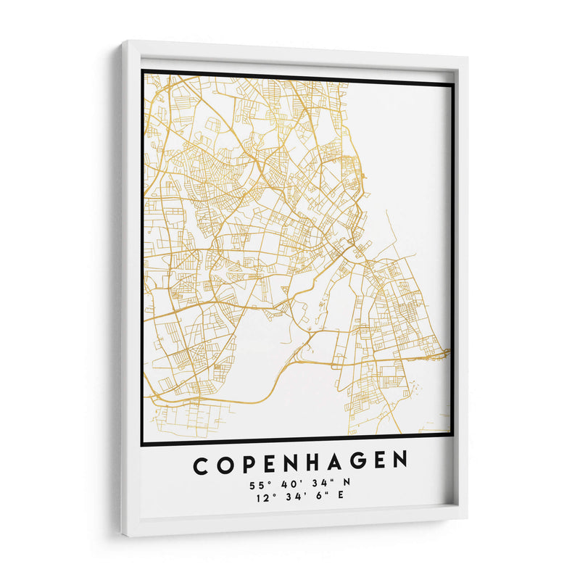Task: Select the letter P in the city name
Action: click(x=249, y=463)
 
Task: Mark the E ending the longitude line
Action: click(x=341, y=497)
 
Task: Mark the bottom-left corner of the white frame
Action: click(x=124, y=536)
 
